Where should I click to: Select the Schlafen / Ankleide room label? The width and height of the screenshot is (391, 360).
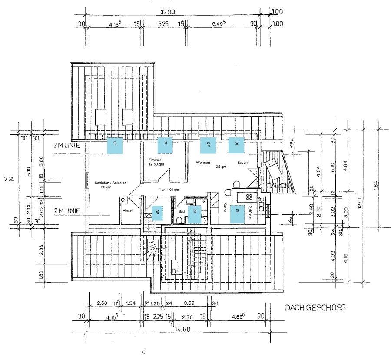(x=110, y=183)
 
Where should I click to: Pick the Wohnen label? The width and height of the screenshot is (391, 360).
(x=203, y=162)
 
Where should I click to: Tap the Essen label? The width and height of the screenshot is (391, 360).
(x=242, y=162)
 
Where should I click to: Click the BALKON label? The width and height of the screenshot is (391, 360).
(x=278, y=186)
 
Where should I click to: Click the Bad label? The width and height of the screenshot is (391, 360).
(x=182, y=211)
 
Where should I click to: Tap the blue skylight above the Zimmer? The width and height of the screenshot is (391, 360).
(x=165, y=145)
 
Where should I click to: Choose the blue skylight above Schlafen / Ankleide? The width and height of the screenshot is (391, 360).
(x=115, y=145)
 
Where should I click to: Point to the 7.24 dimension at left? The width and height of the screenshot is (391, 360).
(x=7, y=178)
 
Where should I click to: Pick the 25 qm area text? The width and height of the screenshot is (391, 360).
(x=221, y=167)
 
